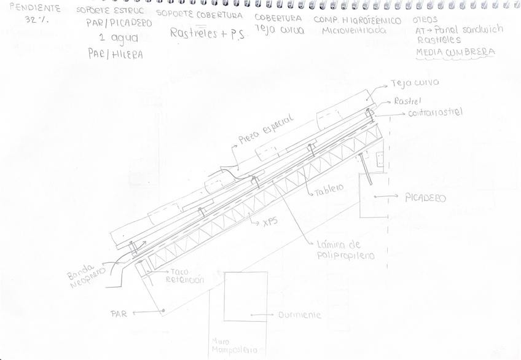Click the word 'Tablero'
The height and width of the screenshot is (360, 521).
329,189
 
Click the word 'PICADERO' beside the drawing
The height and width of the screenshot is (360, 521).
425,198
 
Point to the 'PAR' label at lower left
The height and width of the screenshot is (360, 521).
119,313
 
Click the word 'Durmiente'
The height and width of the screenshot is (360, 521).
299,315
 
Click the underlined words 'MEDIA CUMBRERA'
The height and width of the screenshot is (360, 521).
455,52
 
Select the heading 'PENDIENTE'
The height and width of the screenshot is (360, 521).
36,9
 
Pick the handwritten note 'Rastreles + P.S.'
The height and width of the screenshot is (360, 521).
207,34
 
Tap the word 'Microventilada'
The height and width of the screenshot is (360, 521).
354,29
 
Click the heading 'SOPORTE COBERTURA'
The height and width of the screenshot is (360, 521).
199,15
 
